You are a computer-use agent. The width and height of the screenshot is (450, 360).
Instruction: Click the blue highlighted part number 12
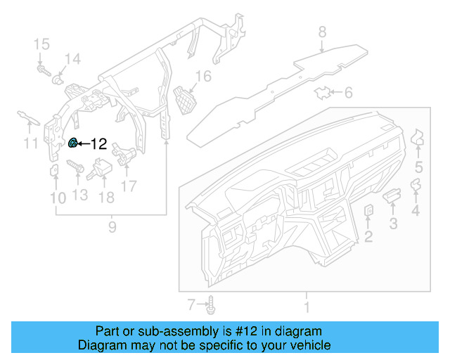coord(72,143)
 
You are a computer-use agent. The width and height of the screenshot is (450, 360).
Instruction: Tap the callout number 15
coord(41,45)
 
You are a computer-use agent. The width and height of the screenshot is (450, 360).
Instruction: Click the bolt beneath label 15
coord(43,70)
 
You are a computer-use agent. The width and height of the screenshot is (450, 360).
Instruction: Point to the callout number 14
coord(73,58)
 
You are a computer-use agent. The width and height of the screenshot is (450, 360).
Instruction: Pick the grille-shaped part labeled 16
coord(184,99)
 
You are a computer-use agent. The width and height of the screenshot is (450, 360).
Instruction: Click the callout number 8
coord(322,32)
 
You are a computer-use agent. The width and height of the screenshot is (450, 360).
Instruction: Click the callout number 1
coord(306,307)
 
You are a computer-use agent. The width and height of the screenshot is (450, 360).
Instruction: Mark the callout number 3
coord(394,224)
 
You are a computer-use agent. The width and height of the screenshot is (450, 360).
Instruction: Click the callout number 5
coord(418,167)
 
